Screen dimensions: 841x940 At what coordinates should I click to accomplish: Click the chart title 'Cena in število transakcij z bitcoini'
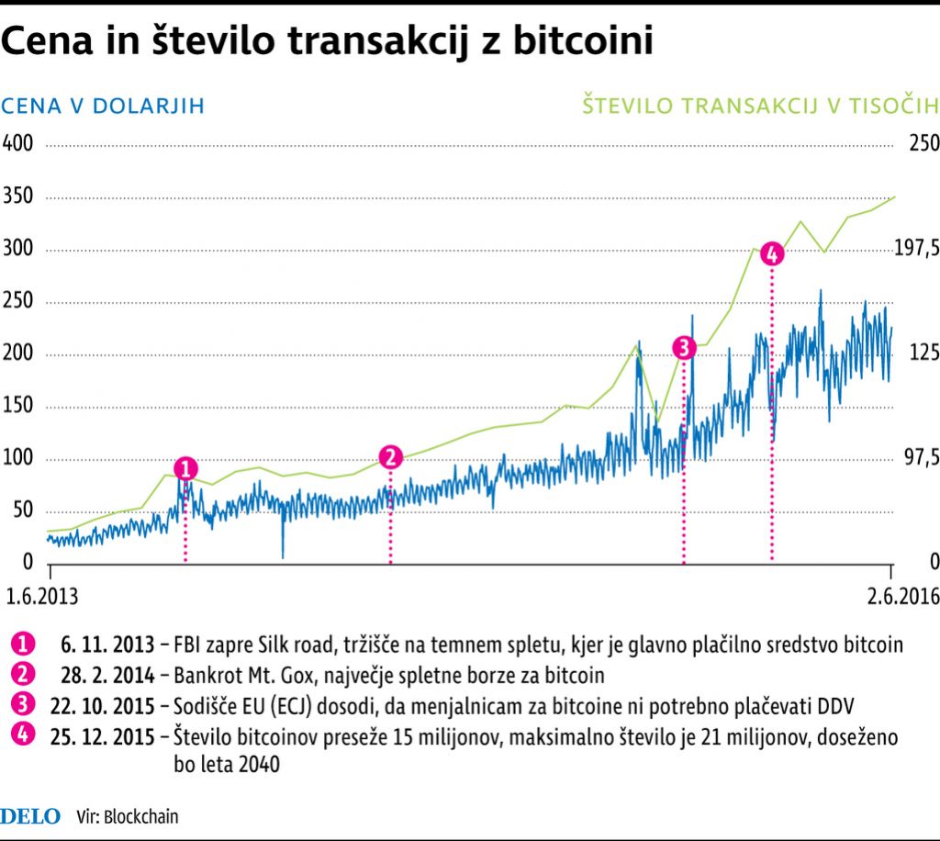click(x=328, y=41)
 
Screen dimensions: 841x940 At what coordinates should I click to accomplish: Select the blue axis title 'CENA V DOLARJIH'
click(x=103, y=107)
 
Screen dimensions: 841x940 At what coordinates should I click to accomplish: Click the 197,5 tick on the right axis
click(x=917, y=249)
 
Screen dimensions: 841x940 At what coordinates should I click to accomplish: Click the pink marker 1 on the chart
click(x=185, y=468)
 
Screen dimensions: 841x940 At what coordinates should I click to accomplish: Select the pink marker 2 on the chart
click(x=390, y=457)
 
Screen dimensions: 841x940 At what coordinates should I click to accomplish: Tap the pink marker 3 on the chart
click(x=684, y=347)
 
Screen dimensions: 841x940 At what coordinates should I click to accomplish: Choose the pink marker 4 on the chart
click(x=772, y=254)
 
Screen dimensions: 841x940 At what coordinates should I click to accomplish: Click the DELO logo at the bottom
click(x=31, y=815)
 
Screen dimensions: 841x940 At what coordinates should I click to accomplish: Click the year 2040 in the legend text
click(x=258, y=764)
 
